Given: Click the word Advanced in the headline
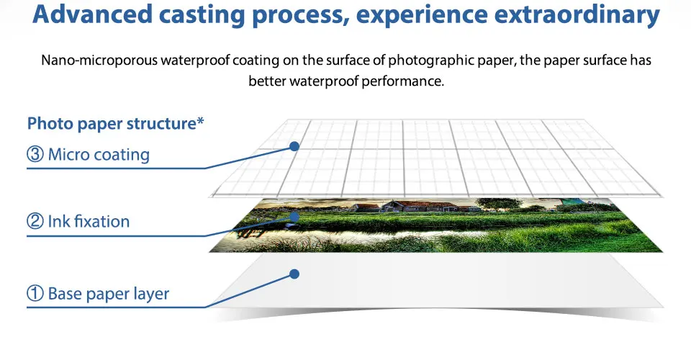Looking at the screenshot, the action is point(92,14).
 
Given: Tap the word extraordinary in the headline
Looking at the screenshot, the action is point(577,14).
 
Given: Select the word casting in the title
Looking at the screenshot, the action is point(201,15).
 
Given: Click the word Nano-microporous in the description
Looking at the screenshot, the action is point(99,60).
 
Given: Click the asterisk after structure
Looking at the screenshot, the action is point(201,120).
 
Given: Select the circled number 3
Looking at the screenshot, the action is point(35,154).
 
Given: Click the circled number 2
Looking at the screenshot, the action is point(35,221).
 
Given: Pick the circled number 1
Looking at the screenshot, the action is point(35,294).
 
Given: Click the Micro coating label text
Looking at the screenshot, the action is point(99,155).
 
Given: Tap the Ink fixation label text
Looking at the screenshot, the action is point(89,221).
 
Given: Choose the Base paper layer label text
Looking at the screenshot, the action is point(109,294).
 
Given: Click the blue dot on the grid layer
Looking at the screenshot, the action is point(294,146).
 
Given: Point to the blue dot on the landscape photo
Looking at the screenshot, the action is point(294,216).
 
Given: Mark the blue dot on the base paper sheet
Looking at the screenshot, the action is point(294,274).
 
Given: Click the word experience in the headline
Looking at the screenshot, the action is point(422,15).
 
